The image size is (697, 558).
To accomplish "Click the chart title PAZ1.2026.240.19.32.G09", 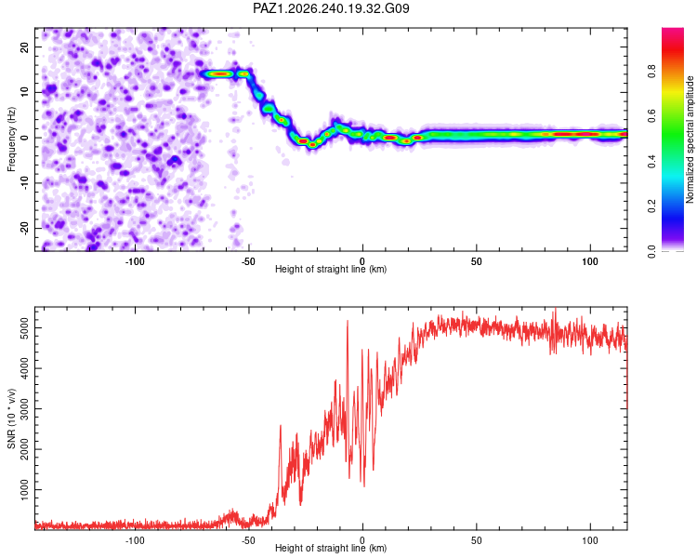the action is tap(331, 8).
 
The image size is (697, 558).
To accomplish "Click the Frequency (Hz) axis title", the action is tap(11, 139).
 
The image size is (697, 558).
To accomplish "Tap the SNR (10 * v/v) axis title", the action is tap(11, 418).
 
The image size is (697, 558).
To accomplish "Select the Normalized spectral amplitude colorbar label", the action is tap(690, 139).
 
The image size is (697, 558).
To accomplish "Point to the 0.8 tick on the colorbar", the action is tap(651, 72).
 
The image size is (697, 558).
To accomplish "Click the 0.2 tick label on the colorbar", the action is tap(651, 206).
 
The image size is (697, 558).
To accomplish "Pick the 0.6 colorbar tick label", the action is tap(651, 116).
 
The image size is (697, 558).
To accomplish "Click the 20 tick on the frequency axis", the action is tap(25, 46).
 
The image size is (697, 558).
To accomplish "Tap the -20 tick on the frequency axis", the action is tap(25, 228).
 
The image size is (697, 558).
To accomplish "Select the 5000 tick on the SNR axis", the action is tap(25, 328).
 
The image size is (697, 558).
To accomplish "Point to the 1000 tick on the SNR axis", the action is tap(25, 490).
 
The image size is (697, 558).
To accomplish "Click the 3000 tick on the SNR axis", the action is tap(25, 409).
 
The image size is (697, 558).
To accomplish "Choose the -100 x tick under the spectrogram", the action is tap(135, 261).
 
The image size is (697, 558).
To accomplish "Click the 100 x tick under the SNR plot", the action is tap(590, 540).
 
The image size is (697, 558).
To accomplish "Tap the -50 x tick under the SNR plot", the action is tap(248, 540).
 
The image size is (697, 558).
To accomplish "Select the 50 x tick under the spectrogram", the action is tap(476, 261).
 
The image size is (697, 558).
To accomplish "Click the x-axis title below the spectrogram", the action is tap(331, 269).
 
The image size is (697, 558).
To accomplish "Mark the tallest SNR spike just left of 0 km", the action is tap(348, 321).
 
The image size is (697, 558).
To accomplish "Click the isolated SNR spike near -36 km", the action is tap(281, 426).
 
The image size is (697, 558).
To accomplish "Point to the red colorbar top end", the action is tap(673, 29).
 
